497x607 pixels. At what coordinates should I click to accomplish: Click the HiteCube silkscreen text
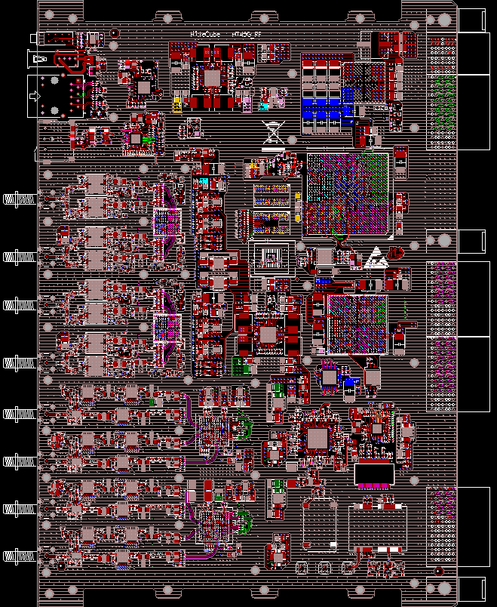[205, 35]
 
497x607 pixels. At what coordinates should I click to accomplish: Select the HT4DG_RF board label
[247, 35]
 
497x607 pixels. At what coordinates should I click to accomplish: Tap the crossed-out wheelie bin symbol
[272, 133]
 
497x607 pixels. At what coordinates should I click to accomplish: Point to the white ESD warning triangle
[375, 257]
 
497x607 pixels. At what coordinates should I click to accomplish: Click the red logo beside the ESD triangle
[395, 251]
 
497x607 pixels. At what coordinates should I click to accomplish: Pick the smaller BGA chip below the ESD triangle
[357, 324]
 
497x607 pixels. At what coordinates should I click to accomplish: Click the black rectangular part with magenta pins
[373, 473]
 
